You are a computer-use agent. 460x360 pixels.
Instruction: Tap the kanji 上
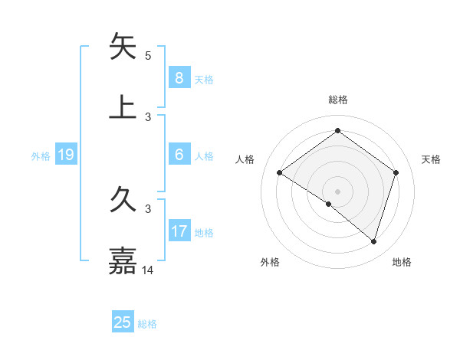pos(123,106)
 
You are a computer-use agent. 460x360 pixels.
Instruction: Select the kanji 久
pos(123,202)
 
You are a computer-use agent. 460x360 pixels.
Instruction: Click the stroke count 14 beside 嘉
pos(148,270)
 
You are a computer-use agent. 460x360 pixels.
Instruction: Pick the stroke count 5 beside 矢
pos(148,55)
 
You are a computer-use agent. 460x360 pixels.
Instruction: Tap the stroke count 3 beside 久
pos(148,208)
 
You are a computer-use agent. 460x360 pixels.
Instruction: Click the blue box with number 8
pos(179,78)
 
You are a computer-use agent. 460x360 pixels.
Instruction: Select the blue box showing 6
pos(179,155)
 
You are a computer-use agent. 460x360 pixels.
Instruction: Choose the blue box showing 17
pos(179,231)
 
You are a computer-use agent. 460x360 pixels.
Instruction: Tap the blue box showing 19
pos(65,155)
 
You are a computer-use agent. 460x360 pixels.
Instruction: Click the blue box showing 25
pos(123,322)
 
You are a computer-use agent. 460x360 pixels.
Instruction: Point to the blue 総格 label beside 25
pos(148,324)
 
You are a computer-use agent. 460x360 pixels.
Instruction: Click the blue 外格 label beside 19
pos(41,156)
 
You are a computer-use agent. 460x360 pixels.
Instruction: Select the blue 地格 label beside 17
pos(204,233)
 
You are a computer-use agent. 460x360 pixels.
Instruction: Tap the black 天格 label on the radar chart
pos(431,159)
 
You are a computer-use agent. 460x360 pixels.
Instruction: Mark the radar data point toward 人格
pos(279,173)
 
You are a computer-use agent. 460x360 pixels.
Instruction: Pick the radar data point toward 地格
pos(373,241)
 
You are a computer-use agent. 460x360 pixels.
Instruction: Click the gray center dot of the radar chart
pos(337,191)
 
